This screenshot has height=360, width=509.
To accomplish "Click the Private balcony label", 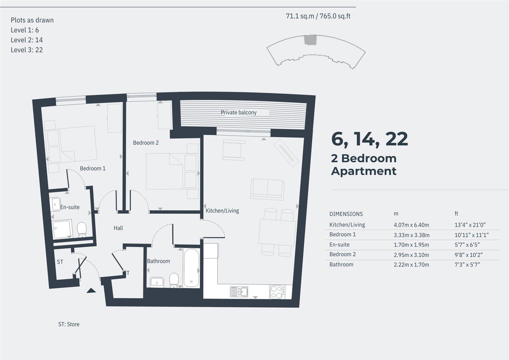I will (x=239, y=112).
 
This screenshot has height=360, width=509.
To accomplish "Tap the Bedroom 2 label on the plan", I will (x=146, y=143).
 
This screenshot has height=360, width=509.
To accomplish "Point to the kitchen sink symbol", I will (x=239, y=292).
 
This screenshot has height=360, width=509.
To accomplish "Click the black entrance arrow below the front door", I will (x=91, y=290).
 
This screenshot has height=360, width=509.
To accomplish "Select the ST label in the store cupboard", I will (x=60, y=262).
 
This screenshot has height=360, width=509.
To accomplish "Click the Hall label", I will (x=118, y=228).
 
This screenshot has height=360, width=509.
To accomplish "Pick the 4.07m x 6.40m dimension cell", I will (x=411, y=225).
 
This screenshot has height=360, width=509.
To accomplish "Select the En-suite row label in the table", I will (x=339, y=245).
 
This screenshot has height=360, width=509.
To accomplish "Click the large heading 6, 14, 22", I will (x=369, y=139).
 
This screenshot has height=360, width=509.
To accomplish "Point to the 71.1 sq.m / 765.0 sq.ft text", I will (x=318, y=16).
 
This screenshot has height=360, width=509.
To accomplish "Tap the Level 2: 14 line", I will (x=27, y=40).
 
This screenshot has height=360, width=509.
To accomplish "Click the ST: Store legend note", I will (x=69, y=324).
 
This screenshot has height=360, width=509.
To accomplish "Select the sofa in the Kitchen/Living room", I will (x=268, y=188).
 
